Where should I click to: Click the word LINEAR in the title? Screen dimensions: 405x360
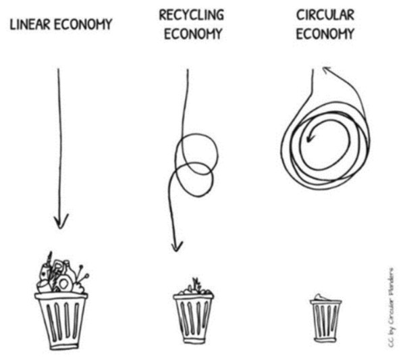click(30, 24)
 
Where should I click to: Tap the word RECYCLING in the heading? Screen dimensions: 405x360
click(192, 15)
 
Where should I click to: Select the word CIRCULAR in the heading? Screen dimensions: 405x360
click(325, 15)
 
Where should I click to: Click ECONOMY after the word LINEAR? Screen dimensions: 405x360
click(83, 24)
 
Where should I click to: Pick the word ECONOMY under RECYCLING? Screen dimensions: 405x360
click(193, 34)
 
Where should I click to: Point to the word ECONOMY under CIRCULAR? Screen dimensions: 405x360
click(325, 34)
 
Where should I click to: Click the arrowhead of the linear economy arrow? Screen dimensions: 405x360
click(61, 222)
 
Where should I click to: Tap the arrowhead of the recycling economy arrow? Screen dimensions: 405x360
click(177, 247)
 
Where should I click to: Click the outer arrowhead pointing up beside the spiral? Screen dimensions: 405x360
click(327, 70)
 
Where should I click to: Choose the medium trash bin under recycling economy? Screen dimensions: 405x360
click(194, 319)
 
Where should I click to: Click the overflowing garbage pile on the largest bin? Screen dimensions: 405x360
click(61, 274)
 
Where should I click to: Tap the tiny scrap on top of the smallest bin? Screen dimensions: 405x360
click(322, 297)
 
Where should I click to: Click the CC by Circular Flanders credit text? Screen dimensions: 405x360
click(391, 307)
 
